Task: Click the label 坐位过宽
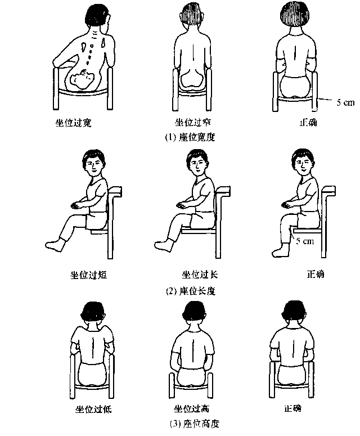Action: point(73,122)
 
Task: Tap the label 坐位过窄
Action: point(192,122)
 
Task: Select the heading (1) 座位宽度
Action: point(190,137)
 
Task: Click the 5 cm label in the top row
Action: point(345,102)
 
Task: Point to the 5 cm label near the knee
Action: point(305,241)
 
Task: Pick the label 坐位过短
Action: point(88,275)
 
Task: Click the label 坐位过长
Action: point(200,275)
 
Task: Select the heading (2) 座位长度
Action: point(191,291)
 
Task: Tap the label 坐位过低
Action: point(93,410)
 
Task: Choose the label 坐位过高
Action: point(192,409)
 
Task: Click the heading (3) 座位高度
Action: point(195,424)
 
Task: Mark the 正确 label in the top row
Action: point(308,122)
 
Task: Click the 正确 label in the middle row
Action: point(316,275)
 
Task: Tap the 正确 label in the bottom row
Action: point(292,408)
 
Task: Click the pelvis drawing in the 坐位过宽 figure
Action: point(82,79)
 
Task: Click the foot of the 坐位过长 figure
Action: point(164,245)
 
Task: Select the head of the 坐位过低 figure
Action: point(93,313)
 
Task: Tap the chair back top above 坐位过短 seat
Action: point(115,191)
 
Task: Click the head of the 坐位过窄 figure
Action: point(191,17)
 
